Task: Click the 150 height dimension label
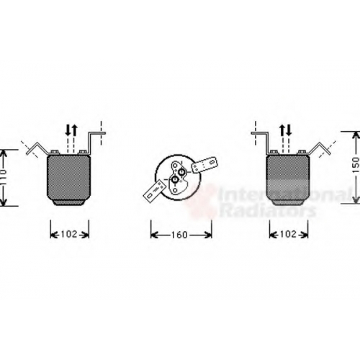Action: (x=356, y=165)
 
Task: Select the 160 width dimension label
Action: (x=180, y=235)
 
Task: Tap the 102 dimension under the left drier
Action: (x=69, y=234)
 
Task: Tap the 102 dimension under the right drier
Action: (x=288, y=234)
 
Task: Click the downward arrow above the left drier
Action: (x=68, y=130)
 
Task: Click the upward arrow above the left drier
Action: (x=74, y=130)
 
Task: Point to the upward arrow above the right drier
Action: (x=282, y=130)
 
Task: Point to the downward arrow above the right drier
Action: (x=289, y=130)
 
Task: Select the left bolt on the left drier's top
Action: (x=55, y=152)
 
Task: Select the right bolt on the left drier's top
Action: (x=83, y=152)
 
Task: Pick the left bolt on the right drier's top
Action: (x=274, y=152)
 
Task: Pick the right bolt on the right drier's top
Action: (x=302, y=152)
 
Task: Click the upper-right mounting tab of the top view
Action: (x=204, y=164)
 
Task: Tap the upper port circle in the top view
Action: (x=182, y=172)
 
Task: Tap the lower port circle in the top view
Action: (x=176, y=179)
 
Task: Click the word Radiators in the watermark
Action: (x=269, y=210)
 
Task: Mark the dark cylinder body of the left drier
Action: (x=69, y=178)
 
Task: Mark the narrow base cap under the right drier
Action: (x=287, y=202)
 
